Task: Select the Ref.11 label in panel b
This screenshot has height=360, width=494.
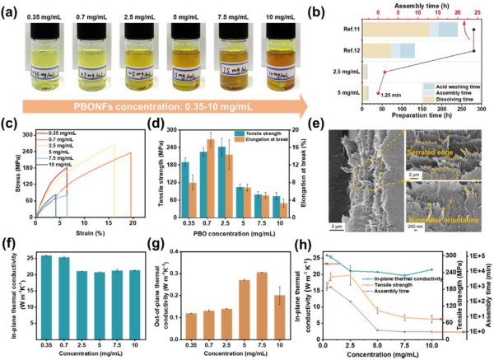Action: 348,28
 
